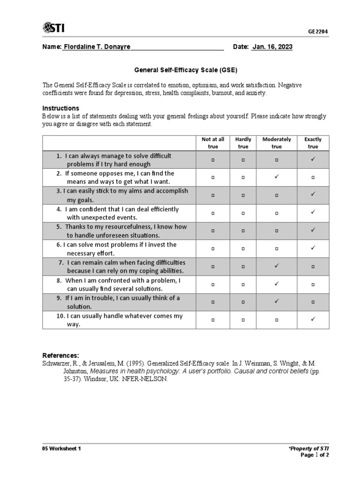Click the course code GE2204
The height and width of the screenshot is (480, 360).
pos(318,32)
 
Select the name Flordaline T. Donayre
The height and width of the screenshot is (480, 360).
pos(97,47)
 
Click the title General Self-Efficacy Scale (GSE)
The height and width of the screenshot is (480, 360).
pos(186,70)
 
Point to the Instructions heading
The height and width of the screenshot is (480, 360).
pos(61,108)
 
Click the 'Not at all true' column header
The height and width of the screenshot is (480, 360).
pos(213,143)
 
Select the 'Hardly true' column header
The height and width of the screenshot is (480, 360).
pos(243,143)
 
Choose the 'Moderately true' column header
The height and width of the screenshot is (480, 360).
pos(277,143)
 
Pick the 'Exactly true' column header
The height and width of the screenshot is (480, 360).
pos(313,143)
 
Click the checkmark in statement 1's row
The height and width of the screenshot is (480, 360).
pos(313,159)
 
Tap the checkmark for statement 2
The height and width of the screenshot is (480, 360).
pos(277,177)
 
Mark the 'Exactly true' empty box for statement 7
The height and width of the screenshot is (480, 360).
pos(313,266)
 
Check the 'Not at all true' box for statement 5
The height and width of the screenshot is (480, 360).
pos(213,231)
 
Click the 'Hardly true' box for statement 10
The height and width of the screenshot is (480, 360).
pos(243,320)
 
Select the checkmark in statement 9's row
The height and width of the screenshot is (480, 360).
pos(277,302)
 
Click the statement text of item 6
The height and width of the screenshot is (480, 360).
pos(116,248)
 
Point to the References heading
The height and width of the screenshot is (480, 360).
pos(61,355)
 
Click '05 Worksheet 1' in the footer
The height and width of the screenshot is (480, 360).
pos(61,449)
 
